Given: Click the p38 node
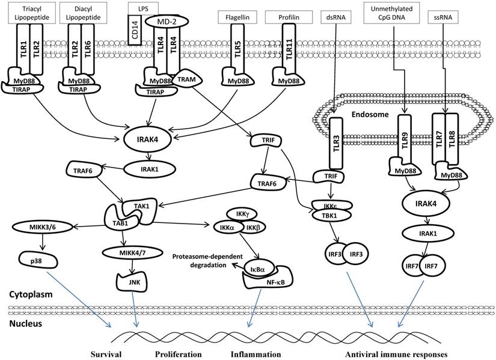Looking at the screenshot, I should [x=40, y=261].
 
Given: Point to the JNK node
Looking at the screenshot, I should [x=126, y=278].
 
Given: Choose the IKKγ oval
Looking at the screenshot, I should [x=237, y=213].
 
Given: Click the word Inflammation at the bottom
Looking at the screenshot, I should [x=256, y=354].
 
